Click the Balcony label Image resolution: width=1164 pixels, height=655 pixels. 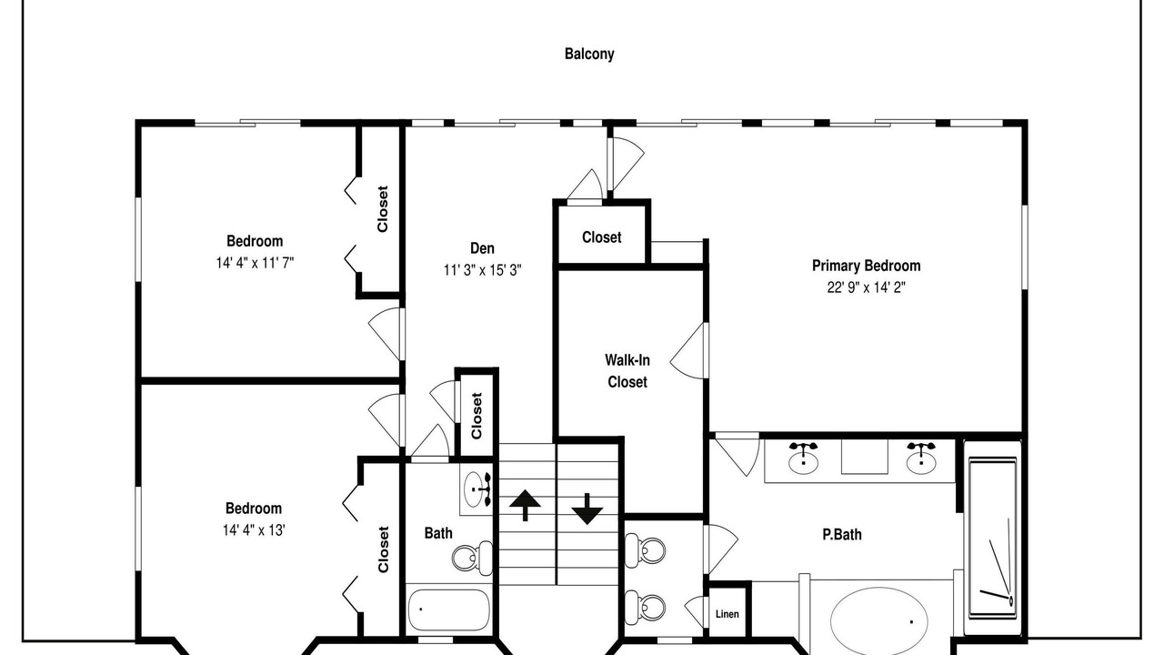click(x=589, y=54)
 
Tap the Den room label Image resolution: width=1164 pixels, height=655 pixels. click(x=482, y=248)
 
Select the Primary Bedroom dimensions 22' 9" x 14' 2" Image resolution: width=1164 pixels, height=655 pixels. click(x=867, y=287)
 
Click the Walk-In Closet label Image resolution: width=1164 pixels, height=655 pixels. click(x=627, y=370)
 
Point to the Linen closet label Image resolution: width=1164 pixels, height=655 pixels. click(x=727, y=614)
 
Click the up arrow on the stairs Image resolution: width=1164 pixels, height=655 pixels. click(x=525, y=505)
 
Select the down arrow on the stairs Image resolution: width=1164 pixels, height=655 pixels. click(x=587, y=509)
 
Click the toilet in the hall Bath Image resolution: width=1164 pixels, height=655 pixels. click(x=472, y=559)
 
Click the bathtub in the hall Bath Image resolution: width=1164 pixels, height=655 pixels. click(x=448, y=610)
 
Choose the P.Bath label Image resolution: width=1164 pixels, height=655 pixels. click(x=842, y=534)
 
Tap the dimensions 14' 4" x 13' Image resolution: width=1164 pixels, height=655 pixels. click(x=254, y=530)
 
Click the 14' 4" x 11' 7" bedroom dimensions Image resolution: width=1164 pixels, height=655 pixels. click(x=255, y=263)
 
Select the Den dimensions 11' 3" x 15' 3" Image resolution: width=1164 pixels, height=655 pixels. click(x=482, y=270)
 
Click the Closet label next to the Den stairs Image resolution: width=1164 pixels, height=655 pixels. click(x=477, y=416)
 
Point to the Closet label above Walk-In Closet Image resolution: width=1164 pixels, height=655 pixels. click(x=601, y=237)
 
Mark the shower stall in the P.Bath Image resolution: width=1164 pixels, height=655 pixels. click(x=992, y=538)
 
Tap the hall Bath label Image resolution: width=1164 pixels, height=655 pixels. click(x=438, y=533)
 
